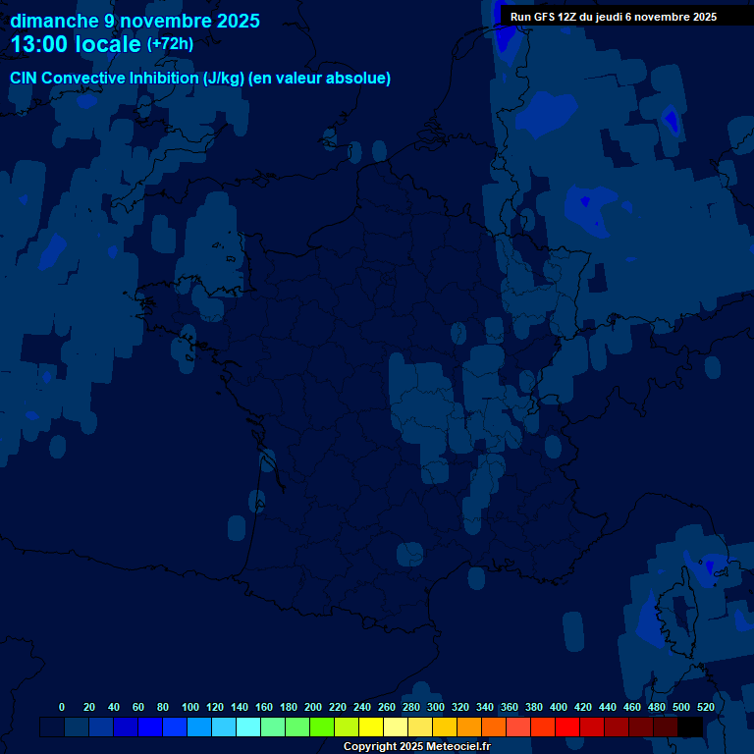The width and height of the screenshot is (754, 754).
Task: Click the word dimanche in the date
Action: pos(54,21)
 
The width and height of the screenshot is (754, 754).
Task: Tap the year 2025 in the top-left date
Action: pos(237,21)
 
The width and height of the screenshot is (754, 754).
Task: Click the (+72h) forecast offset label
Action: pos(170,44)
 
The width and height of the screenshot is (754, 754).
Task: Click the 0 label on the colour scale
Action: pos(62,707)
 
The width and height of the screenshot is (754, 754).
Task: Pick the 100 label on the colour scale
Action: pos(190,707)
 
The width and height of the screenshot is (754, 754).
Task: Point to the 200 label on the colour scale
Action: pos(313,707)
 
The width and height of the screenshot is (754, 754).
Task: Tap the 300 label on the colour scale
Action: pos(436,707)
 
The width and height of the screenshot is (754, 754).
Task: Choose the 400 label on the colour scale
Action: pos(559,707)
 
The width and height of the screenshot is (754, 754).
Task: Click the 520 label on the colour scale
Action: pos(706,707)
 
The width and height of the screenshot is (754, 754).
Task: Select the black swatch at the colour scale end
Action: pos(690,727)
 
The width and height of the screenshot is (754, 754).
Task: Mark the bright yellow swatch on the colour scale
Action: pos(371,727)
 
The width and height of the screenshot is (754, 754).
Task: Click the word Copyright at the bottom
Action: pos(370,747)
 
